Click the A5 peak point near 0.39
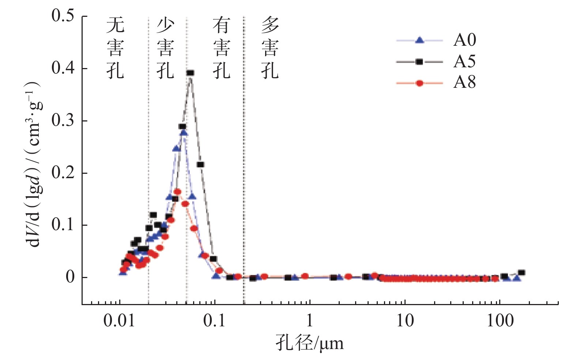point(190,73)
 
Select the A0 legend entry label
point(464,40)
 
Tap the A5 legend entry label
point(464,61)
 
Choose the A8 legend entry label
point(464,83)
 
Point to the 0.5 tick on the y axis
point(63,16)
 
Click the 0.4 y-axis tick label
point(63,68)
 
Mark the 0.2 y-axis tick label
point(63,172)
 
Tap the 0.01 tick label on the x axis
point(119,320)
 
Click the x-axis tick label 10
point(405,320)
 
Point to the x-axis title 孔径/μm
point(309,343)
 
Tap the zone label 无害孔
point(115,48)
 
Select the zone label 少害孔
point(165,48)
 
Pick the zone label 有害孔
point(221,48)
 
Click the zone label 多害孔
point(270,48)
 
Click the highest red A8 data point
point(177,192)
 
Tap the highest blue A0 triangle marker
point(184,133)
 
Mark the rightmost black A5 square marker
point(522,273)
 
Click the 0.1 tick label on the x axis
point(214,320)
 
